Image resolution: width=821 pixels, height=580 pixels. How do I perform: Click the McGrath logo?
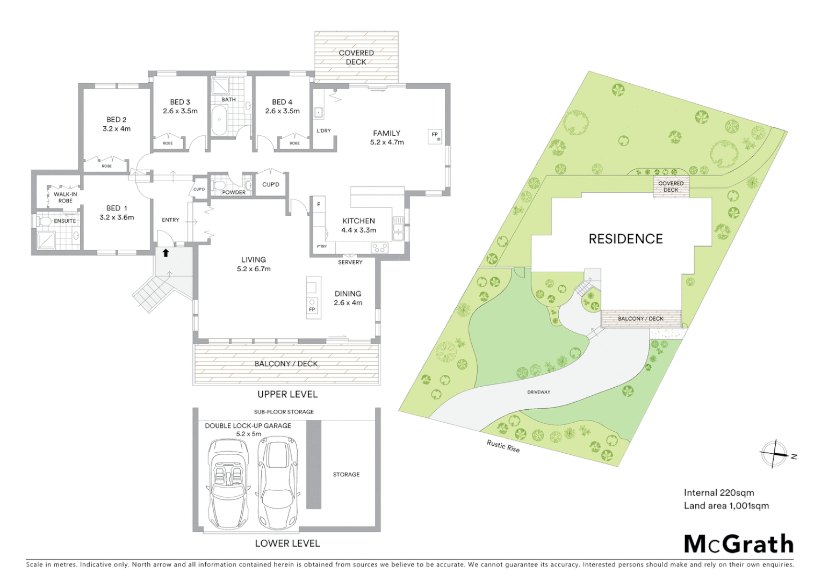coord(738,544)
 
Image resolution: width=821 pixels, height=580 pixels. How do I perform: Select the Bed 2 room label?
coord(117,124)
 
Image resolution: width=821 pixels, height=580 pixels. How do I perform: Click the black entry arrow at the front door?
coord(165,253)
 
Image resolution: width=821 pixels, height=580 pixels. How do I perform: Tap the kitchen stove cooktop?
coord(379,248)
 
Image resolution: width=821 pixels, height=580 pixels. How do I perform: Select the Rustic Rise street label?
coord(503,446)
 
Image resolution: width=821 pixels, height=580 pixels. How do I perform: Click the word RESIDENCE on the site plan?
coord(625,239)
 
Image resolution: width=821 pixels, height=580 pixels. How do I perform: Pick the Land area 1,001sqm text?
coord(726,505)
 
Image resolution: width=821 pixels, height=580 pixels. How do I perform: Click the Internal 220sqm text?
coord(718,492)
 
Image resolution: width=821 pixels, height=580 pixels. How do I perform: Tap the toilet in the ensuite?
coord(45,221)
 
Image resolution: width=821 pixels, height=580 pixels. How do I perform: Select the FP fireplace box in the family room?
coord(435,136)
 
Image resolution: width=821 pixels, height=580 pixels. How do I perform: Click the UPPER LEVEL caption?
coord(287,394)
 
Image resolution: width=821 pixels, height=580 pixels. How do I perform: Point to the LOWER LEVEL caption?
coord(287,543)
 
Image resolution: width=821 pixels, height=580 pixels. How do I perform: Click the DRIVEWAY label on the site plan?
coord(538,392)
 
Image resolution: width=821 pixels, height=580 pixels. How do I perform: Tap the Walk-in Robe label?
coord(65,197)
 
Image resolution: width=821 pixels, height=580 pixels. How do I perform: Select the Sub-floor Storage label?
coord(284,412)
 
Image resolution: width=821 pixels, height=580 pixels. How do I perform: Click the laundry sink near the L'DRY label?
coord(319,112)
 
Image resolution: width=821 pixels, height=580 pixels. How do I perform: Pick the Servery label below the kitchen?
coord(350,262)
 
